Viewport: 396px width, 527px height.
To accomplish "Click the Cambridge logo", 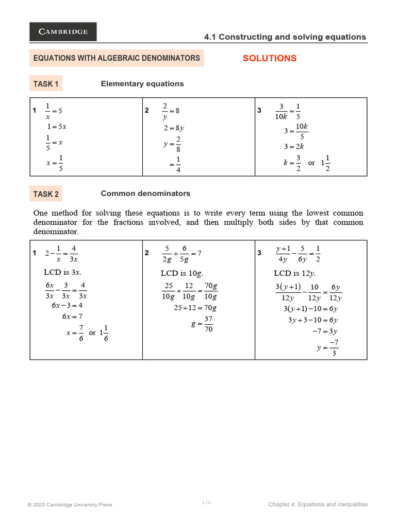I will click(x=63, y=32).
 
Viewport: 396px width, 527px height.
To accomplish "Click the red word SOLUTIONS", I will click(x=269, y=58).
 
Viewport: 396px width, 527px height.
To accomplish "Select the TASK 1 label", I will click(x=46, y=84).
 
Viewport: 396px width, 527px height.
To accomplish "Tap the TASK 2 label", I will click(x=46, y=194).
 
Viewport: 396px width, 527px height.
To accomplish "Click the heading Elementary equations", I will click(x=142, y=84).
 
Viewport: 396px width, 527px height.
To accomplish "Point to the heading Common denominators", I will click(x=145, y=194).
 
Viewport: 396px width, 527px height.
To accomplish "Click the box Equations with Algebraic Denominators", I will click(x=117, y=58).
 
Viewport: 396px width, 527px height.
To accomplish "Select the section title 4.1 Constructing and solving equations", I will click(x=285, y=37).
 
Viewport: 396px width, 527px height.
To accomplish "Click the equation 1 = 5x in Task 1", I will click(x=57, y=126).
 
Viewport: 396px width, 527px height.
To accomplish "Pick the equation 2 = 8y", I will click(x=174, y=128).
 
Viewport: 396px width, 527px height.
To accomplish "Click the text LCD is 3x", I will click(x=62, y=272).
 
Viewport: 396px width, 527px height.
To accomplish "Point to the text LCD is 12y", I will click(x=294, y=273).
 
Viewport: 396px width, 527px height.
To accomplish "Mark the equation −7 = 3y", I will click(x=325, y=331).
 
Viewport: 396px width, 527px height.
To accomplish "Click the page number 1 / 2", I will click(x=206, y=502).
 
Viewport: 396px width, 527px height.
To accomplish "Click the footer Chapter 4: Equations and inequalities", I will click(x=318, y=504).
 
